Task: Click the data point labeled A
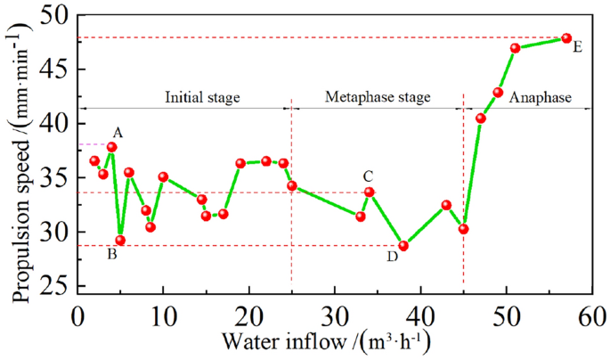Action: [x=112, y=147]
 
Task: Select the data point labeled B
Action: [x=120, y=240]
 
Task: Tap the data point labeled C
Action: [x=369, y=192]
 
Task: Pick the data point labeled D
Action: [x=403, y=246]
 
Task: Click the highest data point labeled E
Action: [x=566, y=38]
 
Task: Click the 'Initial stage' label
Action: [x=202, y=96]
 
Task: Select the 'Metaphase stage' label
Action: [x=377, y=96]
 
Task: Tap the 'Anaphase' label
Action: [x=539, y=96]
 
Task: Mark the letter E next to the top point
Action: [x=578, y=47]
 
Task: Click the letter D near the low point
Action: [x=392, y=257]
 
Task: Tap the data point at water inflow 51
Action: [x=515, y=48]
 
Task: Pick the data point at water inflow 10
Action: [x=163, y=177]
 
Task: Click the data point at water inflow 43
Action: [x=446, y=205]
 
